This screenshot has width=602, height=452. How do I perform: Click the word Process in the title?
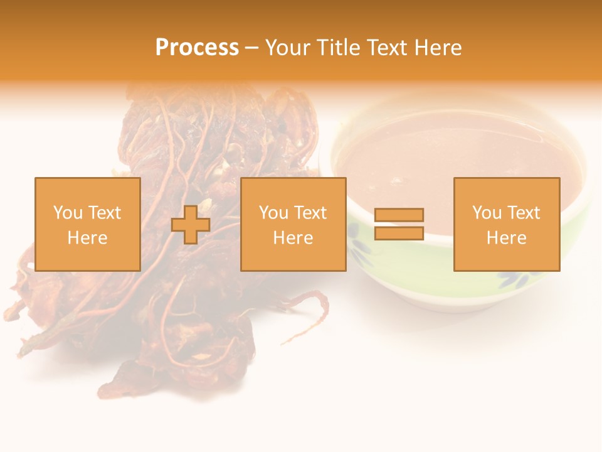pyautogui.click(x=197, y=48)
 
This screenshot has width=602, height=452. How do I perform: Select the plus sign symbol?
pyautogui.click(x=191, y=225)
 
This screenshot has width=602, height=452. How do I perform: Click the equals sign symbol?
pyautogui.click(x=399, y=224)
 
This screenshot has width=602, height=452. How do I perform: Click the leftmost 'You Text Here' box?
pyautogui.click(x=87, y=224)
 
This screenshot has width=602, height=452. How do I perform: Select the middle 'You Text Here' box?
pyautogui.click(x=293, y=224)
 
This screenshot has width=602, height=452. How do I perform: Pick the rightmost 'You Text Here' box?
pyautogui.click(x=506, y=224)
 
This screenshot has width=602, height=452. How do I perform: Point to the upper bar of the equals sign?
pyautogui.click(x=399, y=215)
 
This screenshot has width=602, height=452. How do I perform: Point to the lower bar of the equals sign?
pyautogui.click(x=399, y=234)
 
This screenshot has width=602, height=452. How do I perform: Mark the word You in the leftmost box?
pyautogui.click(x=67, y=213)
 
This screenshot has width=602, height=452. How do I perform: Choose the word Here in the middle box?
pyautogui.click(x=293, y=238)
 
